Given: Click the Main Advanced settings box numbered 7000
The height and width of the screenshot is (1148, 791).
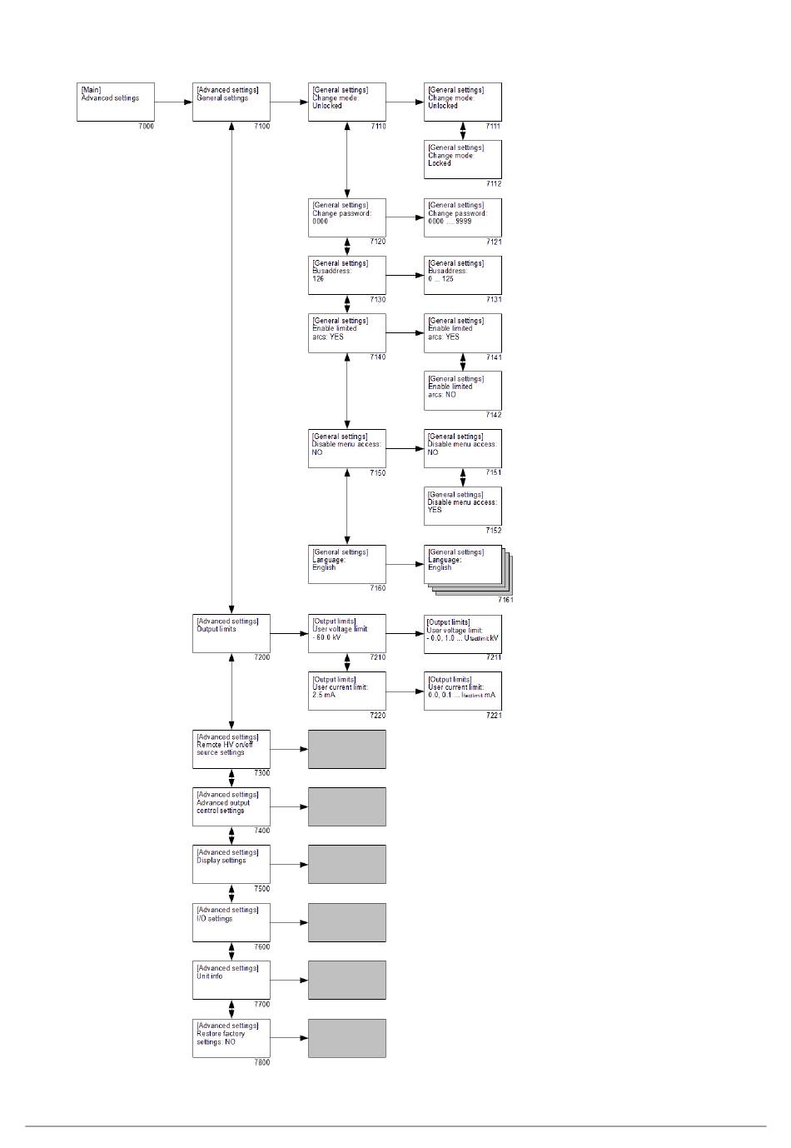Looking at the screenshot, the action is point(116,102).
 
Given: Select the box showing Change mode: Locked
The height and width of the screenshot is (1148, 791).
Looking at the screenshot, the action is point(462,159).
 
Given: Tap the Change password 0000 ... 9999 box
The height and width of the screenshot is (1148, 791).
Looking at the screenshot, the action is point(462,217).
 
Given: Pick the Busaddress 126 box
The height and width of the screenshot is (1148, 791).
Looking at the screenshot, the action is point(346,275).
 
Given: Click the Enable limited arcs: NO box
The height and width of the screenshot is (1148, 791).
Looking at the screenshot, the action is point(462,390).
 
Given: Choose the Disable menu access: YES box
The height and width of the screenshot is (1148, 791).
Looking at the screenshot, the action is point(462,506).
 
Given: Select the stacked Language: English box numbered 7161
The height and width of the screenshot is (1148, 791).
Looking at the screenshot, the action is point(464,566).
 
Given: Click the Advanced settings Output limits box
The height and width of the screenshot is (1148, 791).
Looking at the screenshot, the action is point(231,633).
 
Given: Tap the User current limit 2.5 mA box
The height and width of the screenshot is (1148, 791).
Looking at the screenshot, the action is point(346,691).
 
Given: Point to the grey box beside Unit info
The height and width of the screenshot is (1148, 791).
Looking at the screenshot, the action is point(346,980).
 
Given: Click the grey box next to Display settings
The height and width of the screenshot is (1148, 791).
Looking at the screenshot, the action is point(346,864).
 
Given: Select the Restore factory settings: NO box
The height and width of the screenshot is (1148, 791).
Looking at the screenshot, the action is point(231,1038).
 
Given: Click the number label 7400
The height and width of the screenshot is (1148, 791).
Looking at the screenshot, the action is point(261,831).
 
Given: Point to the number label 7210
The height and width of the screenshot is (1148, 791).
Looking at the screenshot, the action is point(377,657).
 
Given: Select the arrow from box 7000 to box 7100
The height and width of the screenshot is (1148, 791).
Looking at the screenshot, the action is point(173,102).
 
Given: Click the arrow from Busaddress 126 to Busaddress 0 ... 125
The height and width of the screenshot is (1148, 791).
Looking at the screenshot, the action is point(405,275).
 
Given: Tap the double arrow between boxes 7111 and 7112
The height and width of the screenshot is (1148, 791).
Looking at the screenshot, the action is point(463,131).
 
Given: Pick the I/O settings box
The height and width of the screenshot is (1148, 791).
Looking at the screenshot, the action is point(231,922).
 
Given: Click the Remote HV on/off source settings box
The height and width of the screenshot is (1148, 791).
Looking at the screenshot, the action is point(231,749).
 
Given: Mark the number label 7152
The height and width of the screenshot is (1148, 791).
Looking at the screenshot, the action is point(494,530).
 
